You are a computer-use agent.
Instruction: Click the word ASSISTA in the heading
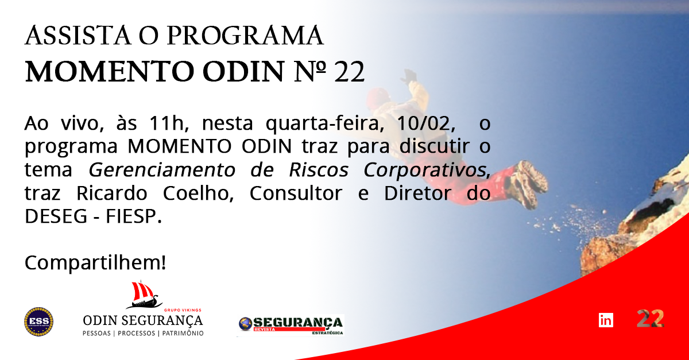(78, 36)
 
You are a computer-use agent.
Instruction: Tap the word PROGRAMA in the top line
(245, 36)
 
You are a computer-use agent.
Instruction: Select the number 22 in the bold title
(349, 72)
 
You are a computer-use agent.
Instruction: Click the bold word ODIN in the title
(243, 72)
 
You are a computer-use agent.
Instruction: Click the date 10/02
(425, 123)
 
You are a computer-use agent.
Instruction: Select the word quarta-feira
(325, 123)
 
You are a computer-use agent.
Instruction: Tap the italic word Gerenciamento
(162, 170)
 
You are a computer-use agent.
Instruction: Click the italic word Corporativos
(426, 170)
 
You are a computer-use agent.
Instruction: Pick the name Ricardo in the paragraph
(111, 193)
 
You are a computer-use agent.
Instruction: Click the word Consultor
(296, 193)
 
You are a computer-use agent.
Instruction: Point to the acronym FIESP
(133, 216)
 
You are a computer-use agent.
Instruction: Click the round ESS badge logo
(39, 322)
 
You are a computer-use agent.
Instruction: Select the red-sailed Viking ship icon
(144, 295)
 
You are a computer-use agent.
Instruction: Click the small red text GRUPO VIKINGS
(183, 310)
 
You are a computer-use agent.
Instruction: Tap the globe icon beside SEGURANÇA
(246, 324)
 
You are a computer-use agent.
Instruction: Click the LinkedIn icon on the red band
(606, 320)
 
